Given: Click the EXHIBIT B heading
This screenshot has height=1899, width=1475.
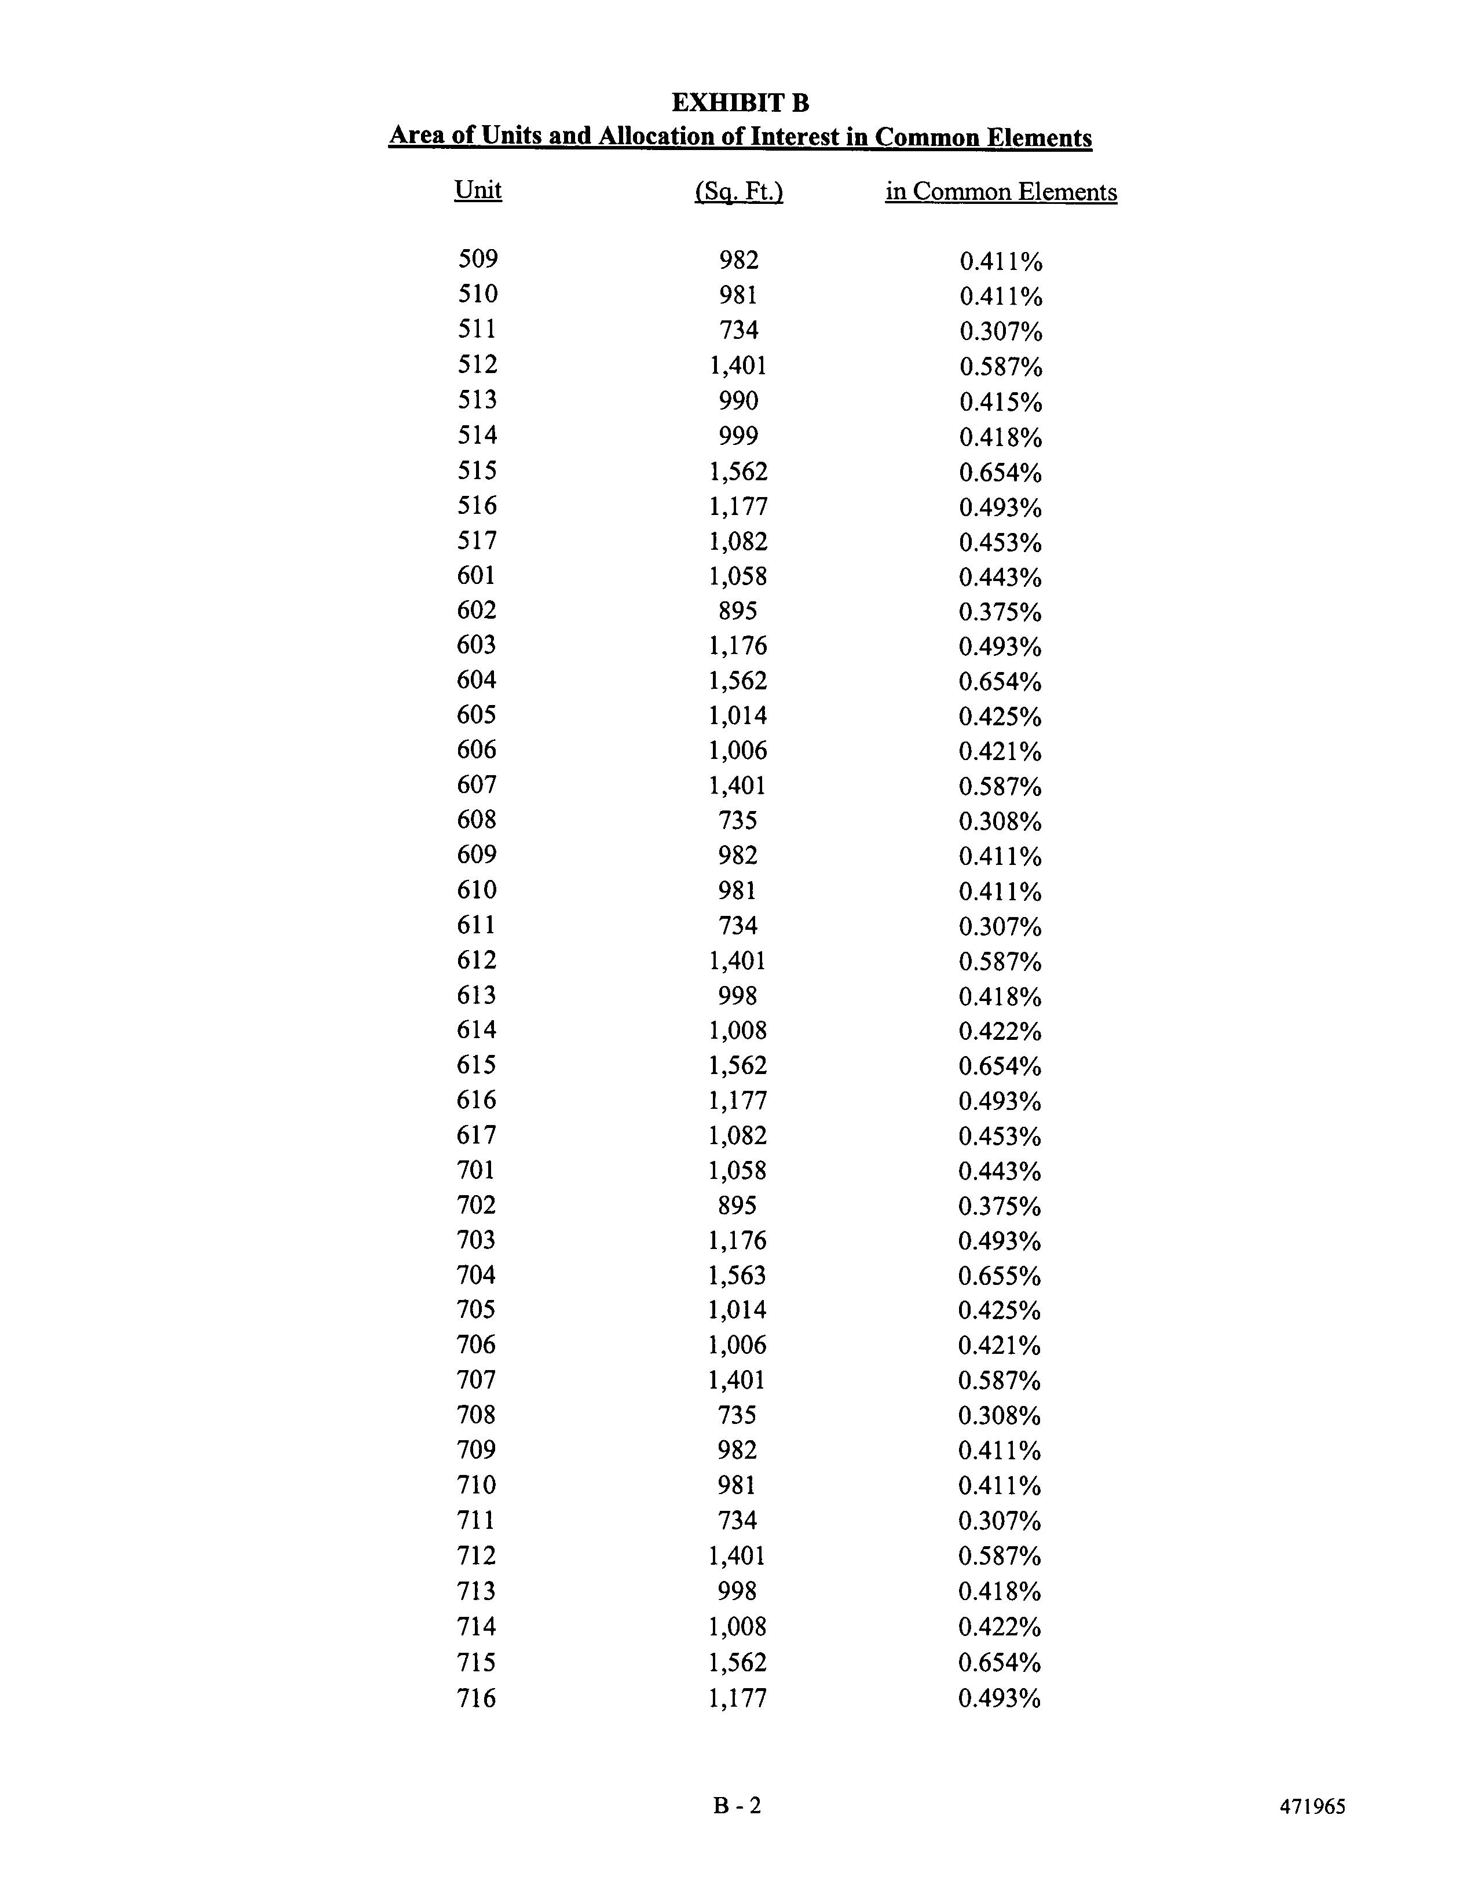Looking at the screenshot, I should click(740, 103).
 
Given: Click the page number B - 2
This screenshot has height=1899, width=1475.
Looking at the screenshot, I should click(737, 1805).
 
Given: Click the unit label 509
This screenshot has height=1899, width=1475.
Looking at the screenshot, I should click(478, 259).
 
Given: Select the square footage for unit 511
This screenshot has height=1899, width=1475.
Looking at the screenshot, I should click(739, 330).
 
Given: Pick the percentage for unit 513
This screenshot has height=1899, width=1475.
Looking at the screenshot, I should click(1001, 401).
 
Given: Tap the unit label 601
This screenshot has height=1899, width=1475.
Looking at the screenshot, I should click(476, 576).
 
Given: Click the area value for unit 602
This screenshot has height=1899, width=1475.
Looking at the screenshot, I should click(738, 611).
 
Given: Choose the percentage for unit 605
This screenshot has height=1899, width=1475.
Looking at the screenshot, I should click(1001, 717).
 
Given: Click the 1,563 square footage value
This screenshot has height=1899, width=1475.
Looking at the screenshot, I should click(738, 1276).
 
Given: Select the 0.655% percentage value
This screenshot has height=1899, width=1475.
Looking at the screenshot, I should click(1000, 1276).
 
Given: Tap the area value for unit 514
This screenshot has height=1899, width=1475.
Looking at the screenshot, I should click(739, 436).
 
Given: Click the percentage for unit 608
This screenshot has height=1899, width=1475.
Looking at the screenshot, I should click(1001, 821).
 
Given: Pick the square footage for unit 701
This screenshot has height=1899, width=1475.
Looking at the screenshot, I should click(738, 1170).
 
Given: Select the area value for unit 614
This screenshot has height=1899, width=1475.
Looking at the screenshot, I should click(738, 1031).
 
